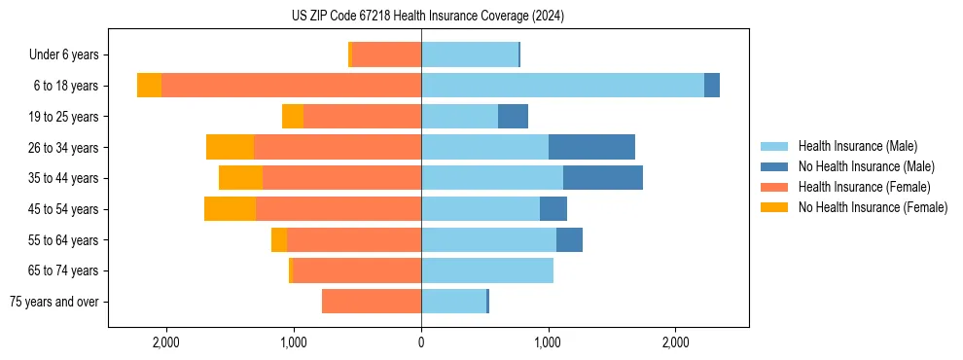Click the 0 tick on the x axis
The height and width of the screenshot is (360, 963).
[x=421, y=342]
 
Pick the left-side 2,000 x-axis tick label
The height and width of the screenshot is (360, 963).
[x=166, y=342]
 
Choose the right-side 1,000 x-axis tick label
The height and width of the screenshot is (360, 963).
[x=549, y=342]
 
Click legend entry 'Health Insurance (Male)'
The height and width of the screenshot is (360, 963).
[x=857, y=146]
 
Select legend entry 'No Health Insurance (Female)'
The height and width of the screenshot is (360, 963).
[x=873, y=207]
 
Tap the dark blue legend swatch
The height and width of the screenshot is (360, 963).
[x=774, y=166]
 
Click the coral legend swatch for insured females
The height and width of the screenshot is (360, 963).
[x=774, y=187]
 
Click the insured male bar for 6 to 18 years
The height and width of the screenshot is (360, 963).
[x=562, y=86]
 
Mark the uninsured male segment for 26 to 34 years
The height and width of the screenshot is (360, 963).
[x=591, y=147]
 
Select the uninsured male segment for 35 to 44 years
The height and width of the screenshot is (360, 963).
[x=602, y=178]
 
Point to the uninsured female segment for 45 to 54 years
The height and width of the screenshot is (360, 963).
[x=230, y=209]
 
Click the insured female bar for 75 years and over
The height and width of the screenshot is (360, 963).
[x=372, y=302]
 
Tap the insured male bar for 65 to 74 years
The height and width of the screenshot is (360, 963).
[x=487, y=270]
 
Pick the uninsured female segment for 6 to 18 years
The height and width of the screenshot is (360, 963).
[x=149, y=86]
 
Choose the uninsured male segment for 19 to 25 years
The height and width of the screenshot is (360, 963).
[x=513, y=117]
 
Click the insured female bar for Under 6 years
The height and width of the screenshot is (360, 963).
[x=386, y=55]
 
